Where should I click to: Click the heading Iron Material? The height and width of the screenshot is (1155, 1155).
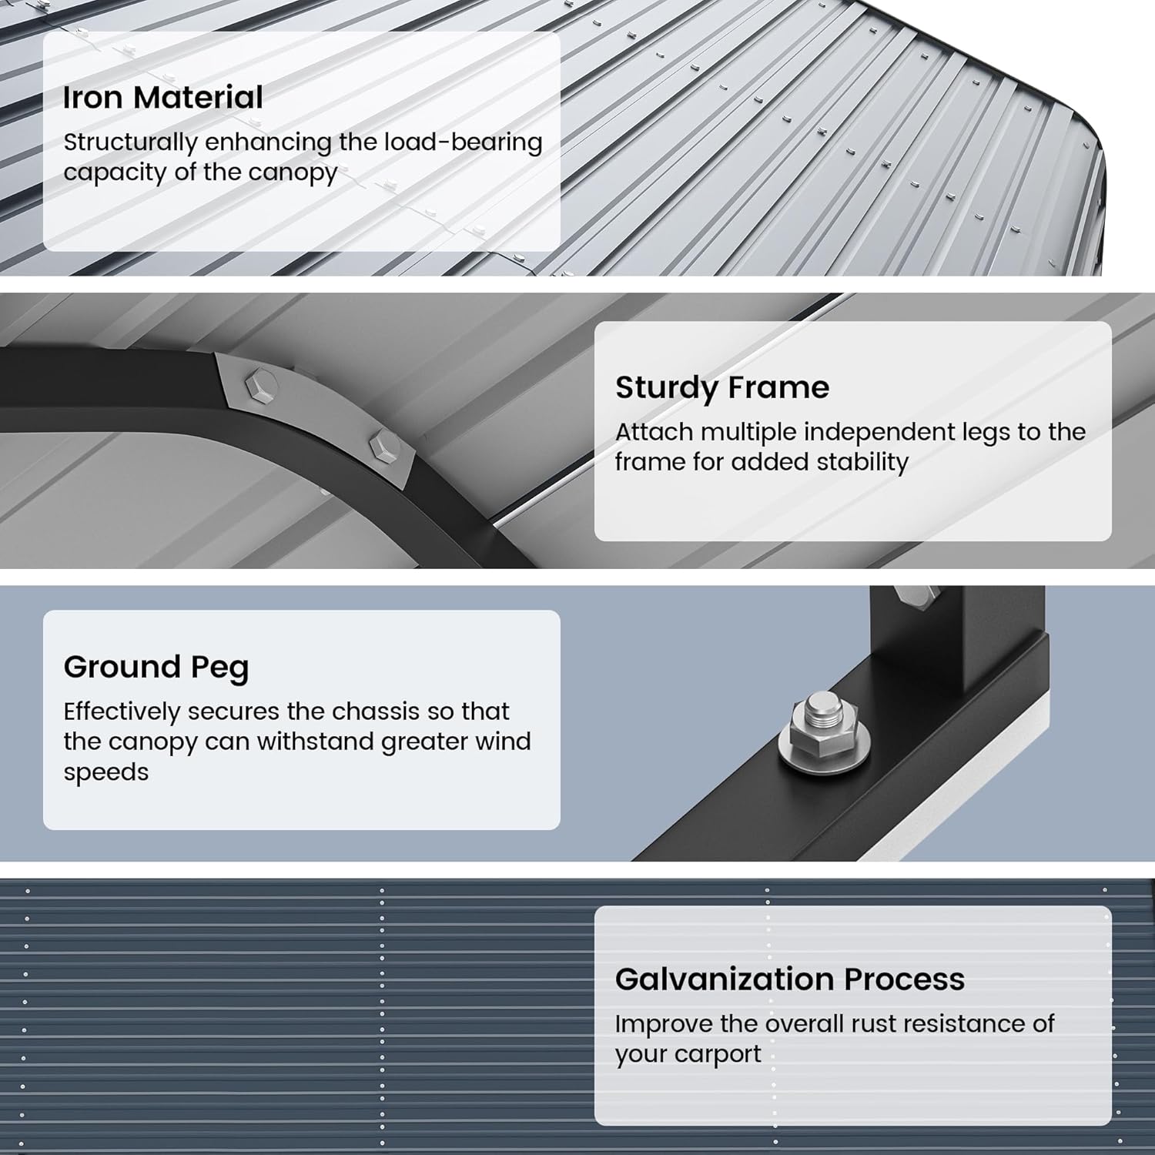(x=162, y=98)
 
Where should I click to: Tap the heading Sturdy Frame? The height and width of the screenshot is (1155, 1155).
(x=721, y=387)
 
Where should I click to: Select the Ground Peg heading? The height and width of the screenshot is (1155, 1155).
(x=156, y=667)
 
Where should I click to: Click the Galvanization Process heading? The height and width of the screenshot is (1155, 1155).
(x=789, y=979)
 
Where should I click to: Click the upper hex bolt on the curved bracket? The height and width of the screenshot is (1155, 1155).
(x=260, y=383)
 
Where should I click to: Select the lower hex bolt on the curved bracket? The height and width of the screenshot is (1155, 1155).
(x=383, y=447)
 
